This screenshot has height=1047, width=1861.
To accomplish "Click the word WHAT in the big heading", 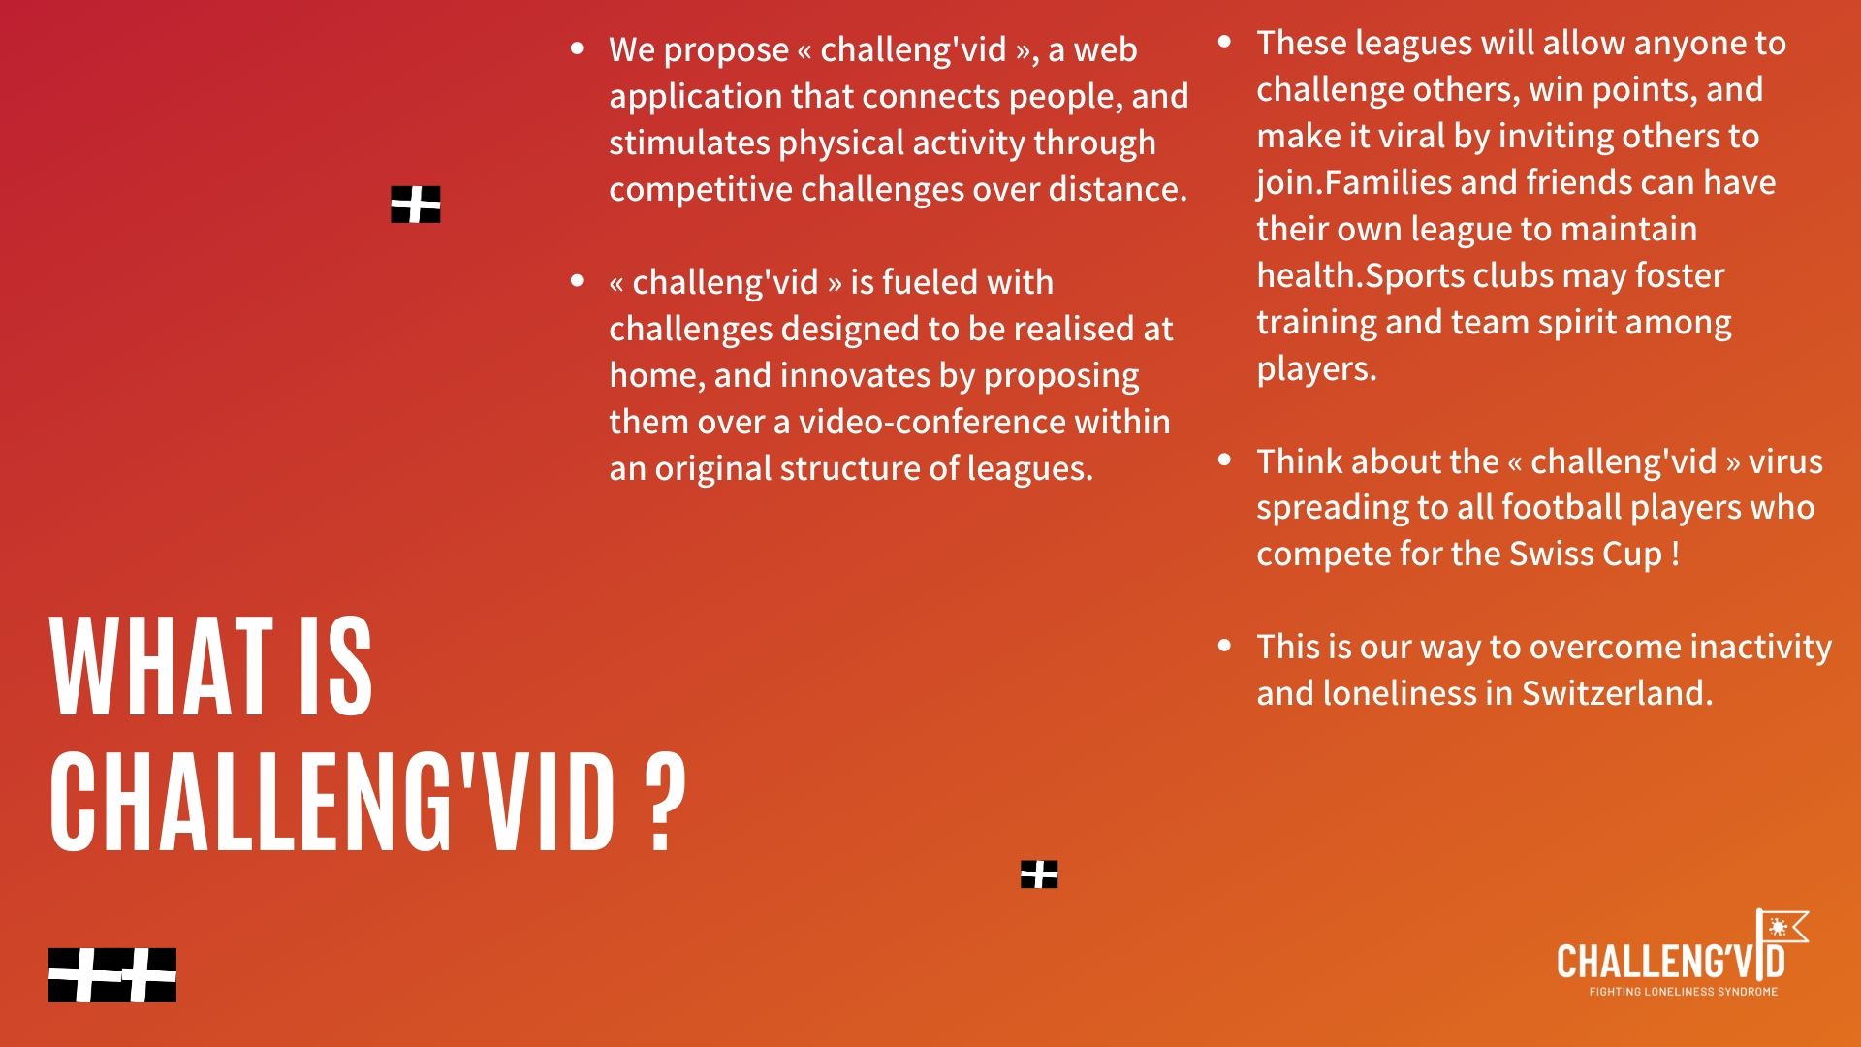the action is coord(161,668).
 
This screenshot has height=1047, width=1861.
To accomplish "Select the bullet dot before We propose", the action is coord(579,48).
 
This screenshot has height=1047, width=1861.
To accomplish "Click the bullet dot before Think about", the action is coord(1225,460).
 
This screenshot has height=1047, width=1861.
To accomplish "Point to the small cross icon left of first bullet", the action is coord(416,205).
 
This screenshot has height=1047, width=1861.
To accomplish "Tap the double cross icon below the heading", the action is coord(112,975).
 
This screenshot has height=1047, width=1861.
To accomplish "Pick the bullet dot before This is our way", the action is coord(1225,645).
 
